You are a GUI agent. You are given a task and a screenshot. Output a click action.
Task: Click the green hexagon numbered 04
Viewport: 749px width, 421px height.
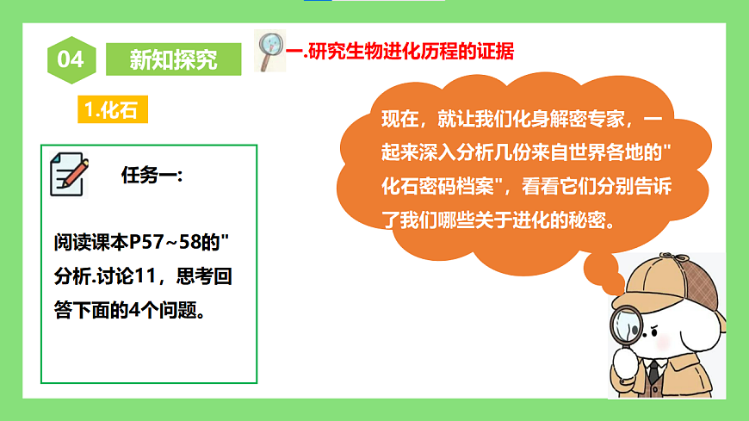tap(71, 59)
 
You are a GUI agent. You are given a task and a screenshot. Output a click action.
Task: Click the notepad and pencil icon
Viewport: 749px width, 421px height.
tap(70, 174)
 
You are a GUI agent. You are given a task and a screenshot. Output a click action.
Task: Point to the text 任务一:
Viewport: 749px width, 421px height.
tap(152, 176)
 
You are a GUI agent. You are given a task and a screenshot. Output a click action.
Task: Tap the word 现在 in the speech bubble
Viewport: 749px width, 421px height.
tap(399, 119)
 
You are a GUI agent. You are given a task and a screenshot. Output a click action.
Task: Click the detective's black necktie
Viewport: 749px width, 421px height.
tap(653, 372)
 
